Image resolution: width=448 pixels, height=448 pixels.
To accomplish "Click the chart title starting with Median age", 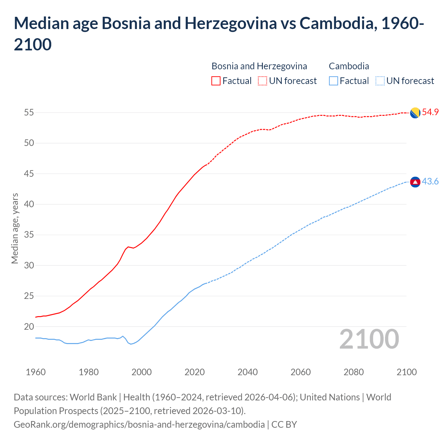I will coord(219,34).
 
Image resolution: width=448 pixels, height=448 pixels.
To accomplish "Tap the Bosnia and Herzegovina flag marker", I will coord(415,113).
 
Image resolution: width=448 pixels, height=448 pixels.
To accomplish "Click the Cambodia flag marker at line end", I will coord(415,182).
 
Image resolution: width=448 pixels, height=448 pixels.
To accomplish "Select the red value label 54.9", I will coord(430,112).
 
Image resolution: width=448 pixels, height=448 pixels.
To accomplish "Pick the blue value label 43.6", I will coord(430,182).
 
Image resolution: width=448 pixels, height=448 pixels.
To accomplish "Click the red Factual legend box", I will coord(216,81).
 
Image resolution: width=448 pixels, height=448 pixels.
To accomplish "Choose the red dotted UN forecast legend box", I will coord(262,81).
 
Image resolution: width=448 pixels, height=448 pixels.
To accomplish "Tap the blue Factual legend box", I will coord(334,81).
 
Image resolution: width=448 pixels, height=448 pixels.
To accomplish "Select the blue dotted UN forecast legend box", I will coord(380,81).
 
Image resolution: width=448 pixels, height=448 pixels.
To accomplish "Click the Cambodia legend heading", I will coord(349,66).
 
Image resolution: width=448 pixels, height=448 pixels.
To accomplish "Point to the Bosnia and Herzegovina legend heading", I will coord(259,66).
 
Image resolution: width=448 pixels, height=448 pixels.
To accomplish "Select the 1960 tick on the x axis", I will coord(36,372).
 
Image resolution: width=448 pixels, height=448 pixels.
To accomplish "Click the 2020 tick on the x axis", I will coord(195,372).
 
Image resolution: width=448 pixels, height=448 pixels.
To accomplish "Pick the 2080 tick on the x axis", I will coord(353,372).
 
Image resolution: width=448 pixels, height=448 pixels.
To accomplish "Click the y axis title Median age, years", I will coord(15,228).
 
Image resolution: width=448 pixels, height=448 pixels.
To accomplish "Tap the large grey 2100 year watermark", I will coord(369,339).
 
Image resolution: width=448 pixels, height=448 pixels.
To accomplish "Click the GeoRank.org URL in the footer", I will coord(139,425).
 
